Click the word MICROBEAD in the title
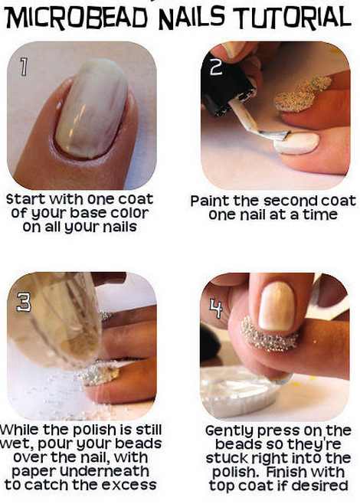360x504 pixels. pyautogui.click(x=77, y=18)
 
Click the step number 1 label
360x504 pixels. pyautogui.click(x=23, y=67)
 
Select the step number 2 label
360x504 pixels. pyautogui.click(x=216, y=67)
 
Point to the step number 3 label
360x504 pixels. pyautogui.click(x=24, y=302)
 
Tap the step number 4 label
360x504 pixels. pyautogui.click(x=216, y=308)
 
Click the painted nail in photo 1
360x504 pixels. pyautogui.click(x=92, y=109)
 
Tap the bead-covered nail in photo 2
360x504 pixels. pyautogui.click(x=302, y=94)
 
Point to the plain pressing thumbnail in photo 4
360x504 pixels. pyautogui.click(x=277, y=306)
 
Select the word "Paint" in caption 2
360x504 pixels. pyautogui.click(x=211, y=201)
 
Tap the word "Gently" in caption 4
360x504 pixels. pyautogui.click(x=230, y=431)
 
